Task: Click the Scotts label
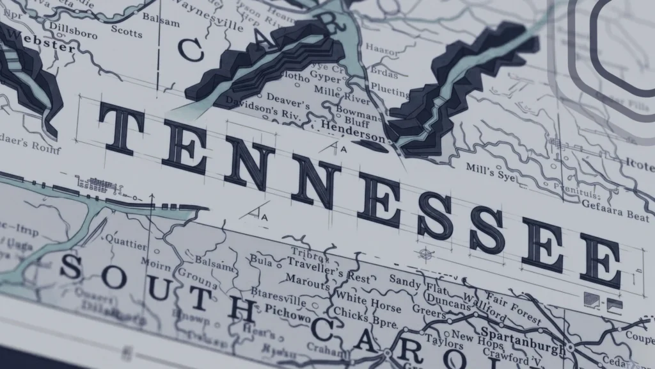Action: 127,29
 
